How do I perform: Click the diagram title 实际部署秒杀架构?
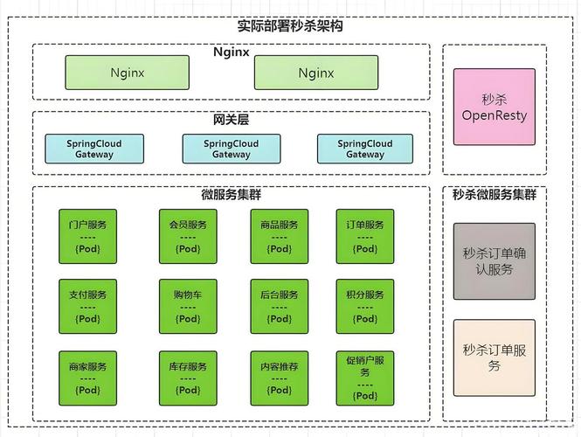(290, 25)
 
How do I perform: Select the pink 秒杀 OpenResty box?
(495, 108)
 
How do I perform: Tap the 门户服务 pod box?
(87, 236)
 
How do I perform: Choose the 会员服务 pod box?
(188, 236)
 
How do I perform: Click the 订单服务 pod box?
(365, 236)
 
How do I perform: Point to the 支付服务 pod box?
(87, 306)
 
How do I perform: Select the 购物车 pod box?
(188, 306)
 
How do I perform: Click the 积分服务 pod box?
(365, 306)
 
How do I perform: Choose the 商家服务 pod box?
(87, 378)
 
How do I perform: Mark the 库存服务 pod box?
(188, 378)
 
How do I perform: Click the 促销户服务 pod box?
(365, 378)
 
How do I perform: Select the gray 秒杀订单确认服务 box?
(495, 261)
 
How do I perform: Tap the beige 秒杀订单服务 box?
(495, 357)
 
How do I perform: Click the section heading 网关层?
(231, 120)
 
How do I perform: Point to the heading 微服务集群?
(231, 195)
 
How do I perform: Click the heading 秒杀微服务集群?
(495, 195)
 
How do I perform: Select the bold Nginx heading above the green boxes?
(232, 52)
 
